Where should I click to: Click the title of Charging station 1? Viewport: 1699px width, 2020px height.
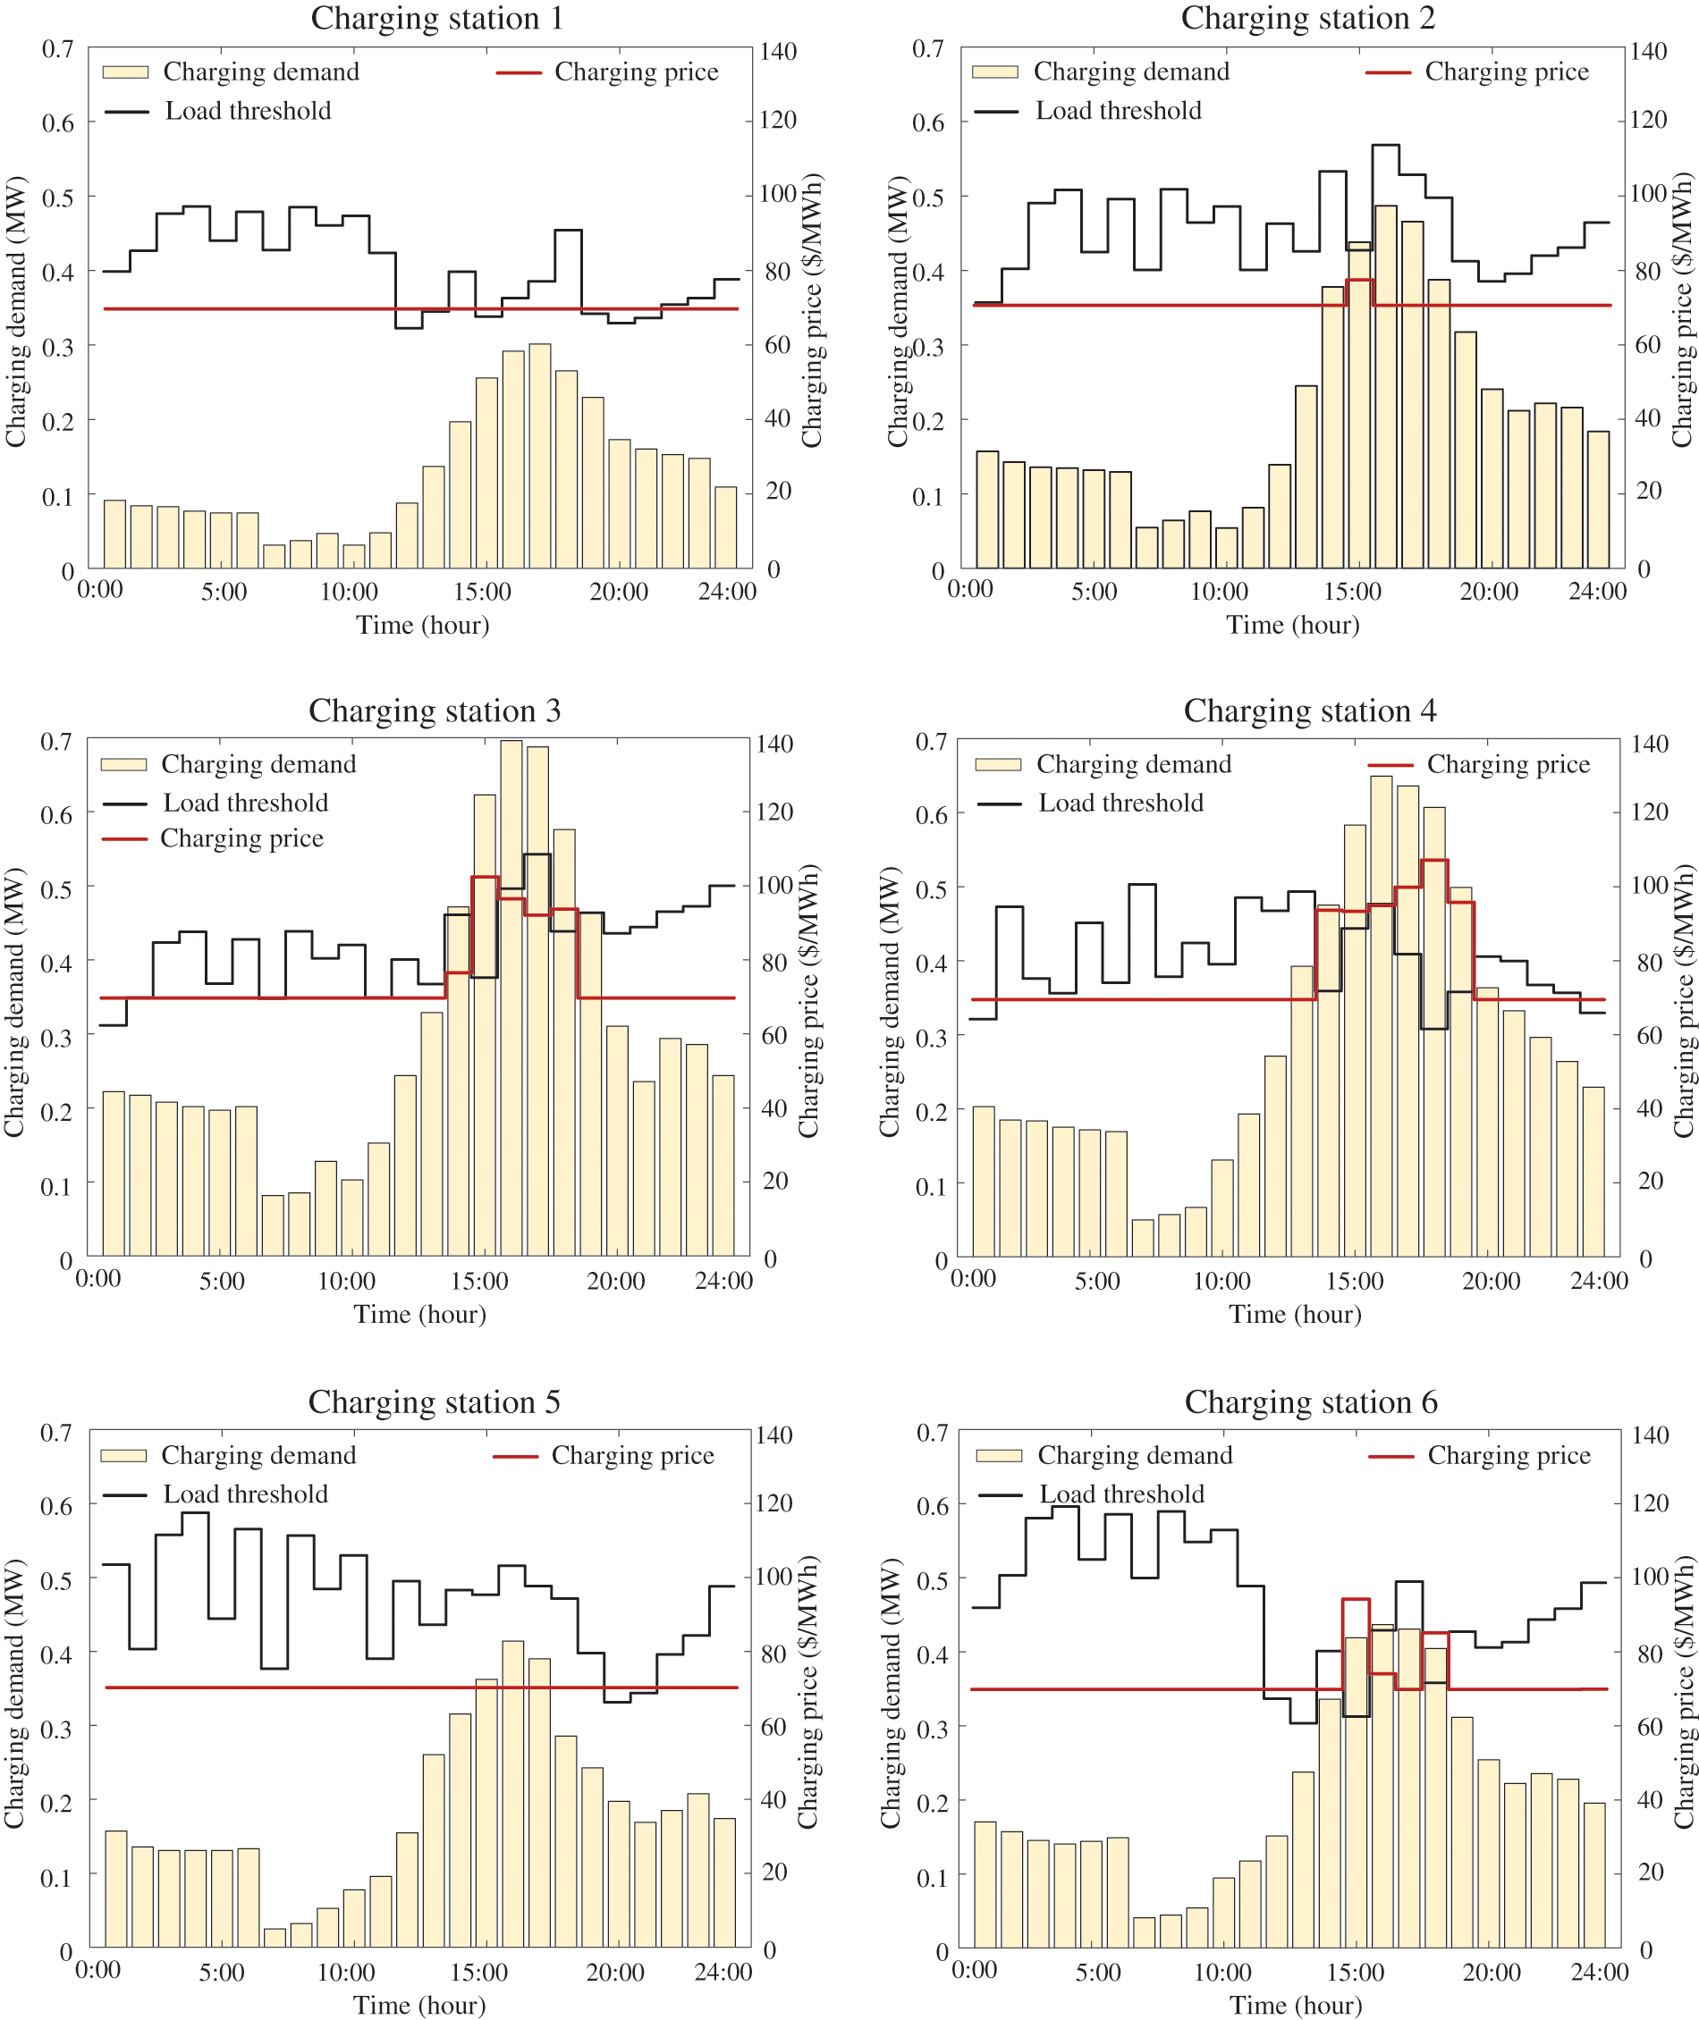tap(436, 18)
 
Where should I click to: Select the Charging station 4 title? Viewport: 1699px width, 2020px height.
tap(1309, 711)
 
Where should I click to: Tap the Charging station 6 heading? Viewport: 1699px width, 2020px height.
tap(1310, 1401)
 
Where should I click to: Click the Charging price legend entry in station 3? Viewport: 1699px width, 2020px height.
tap(241, 838)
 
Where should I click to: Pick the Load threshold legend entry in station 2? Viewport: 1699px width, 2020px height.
tap(1117, 111)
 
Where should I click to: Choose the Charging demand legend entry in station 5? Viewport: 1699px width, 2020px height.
tap(258, 1455)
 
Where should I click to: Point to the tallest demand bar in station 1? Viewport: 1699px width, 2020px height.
tap(539, 456)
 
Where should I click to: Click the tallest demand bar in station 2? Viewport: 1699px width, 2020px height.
tap(1385, 386)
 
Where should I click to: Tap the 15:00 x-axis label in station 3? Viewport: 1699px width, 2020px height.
tap(478, 1282)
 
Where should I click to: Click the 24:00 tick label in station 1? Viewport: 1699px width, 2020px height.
tap(726, 591)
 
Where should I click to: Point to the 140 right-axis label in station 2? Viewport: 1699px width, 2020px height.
tap(1648, 51)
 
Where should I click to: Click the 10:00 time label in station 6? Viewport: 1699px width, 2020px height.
tap(1222, 1973)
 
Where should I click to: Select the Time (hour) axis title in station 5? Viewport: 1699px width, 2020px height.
tap(419, 2006)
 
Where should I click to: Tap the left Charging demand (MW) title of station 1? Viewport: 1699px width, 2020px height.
tap(15, 312)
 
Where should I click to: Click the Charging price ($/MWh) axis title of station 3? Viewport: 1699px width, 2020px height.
tap(808, 1001)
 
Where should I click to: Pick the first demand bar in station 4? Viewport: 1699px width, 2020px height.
tap(984, 1182)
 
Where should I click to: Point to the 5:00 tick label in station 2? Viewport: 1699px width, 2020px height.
tap(1095, 591)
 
